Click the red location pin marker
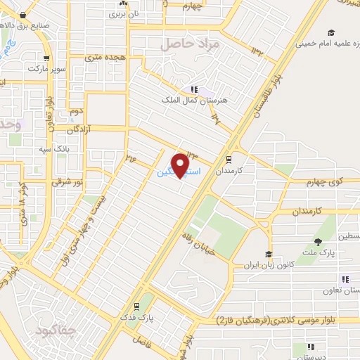[x=181, y=165]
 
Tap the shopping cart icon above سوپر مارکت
[x=46, y=59]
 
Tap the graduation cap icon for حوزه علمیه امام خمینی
[x=330, y=32]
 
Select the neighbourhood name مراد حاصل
[x=191, y=44]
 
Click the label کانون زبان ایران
[x=268, y=265]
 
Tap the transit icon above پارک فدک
[x=135, y=307]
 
